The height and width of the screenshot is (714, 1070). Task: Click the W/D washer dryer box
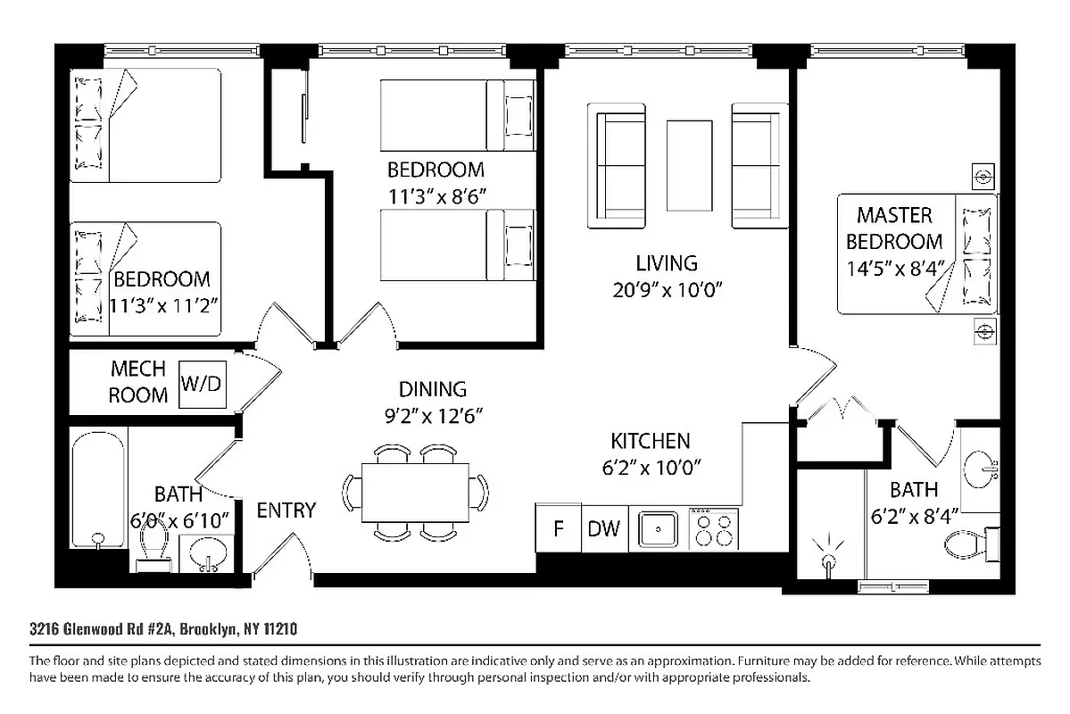(x=203, y=385)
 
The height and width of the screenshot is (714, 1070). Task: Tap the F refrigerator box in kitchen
(x=559, y=528)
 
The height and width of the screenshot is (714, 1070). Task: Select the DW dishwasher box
(x=604, y=528)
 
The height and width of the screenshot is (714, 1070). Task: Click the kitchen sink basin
(x=659, y=528)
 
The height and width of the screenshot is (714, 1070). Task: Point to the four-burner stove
(x=714, y=528)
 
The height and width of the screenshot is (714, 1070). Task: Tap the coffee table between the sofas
(x=690, y=165)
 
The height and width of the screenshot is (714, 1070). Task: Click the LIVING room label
(x=667, y=263)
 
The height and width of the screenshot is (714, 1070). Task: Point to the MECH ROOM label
(x=137, y=382)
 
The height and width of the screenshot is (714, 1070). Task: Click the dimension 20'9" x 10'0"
(x=667, y=290)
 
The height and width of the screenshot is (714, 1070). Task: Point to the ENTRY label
(x=286, y=511)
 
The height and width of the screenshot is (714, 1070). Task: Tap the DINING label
(x=433, y=389)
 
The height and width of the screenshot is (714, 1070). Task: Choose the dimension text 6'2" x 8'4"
(x=914, y=515)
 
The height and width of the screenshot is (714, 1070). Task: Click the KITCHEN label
(x=651, y=441)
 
